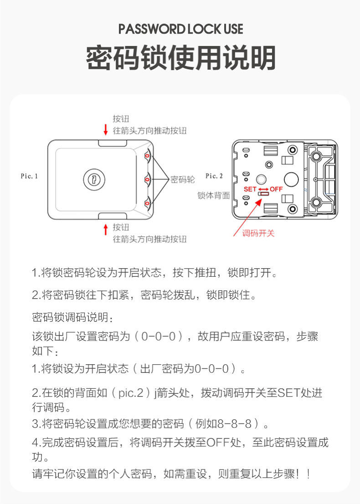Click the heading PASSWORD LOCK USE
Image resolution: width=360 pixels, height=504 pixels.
click(x=180, y=30)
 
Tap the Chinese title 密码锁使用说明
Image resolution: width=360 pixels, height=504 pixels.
click(x=180, y=58)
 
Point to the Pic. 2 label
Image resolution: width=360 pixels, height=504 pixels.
click(x=214, y=176)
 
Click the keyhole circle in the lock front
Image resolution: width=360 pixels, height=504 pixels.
click(x=92, y=179)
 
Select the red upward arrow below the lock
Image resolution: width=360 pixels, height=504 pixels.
click(x=106, y=229)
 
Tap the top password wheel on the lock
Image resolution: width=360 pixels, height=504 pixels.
click(x=147, y=156)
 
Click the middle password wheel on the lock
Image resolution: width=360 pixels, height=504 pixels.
click(x=147, y=179)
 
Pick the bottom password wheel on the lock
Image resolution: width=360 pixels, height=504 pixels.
click(x=147, y=202)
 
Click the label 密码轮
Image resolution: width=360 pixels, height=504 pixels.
click(x=182, y=180)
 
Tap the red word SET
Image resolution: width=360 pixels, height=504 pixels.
click(x=250, y=188)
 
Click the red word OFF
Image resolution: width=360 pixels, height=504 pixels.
click(x=276, y=188)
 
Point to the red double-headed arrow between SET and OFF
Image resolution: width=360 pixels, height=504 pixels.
click(x=263, y=188)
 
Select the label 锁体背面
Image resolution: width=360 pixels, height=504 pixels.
click(x=213, y=195)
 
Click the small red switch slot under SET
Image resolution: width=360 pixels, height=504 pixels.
click(x=262, y=194)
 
